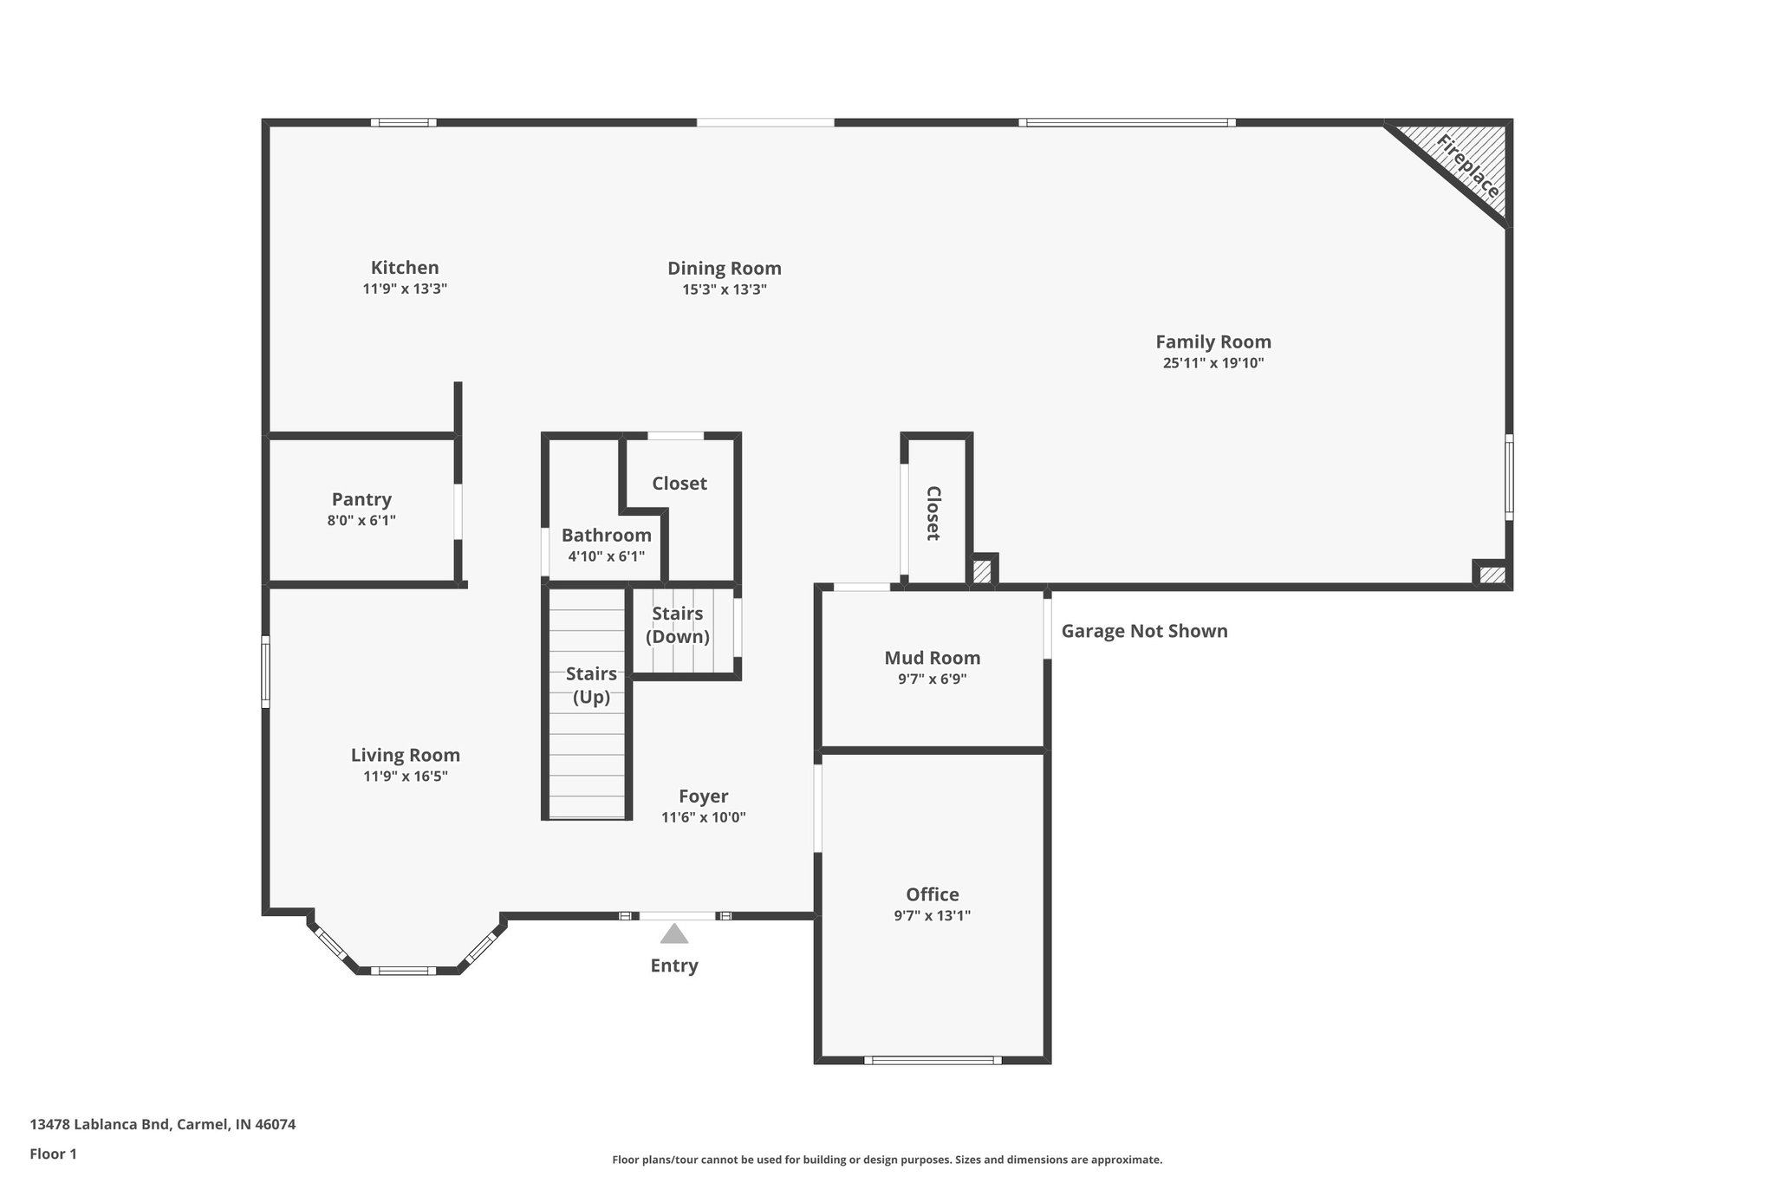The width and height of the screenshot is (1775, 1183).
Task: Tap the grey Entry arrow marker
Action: (x=673, y=934)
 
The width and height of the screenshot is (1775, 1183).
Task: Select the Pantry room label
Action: (x=361, y=499)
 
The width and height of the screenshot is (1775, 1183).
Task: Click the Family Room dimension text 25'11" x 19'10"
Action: (x=1213, y=363)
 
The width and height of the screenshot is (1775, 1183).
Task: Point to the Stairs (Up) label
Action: (x=591, y=685)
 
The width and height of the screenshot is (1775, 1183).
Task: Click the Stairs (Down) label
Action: (x=677, y=625)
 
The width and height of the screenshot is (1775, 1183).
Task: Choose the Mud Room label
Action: (x=932, y=658)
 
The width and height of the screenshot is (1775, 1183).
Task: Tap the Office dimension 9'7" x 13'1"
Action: (x=932, y=915)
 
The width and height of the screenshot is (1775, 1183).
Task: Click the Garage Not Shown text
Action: (x=1144, y=631)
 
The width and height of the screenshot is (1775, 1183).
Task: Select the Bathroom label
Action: (x=606, y=535)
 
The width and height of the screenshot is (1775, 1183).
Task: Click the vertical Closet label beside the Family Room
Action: (x=933, y=513)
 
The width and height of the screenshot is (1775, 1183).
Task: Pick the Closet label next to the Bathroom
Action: (x=679, y=484)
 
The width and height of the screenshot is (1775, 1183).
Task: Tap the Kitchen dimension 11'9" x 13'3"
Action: (x=404, y=289)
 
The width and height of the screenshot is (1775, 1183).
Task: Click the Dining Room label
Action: (x=724, y=269)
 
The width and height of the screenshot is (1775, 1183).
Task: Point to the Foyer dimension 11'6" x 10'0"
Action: (x=703, y=817)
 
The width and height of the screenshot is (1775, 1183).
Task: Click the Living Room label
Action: (x=405, y=755)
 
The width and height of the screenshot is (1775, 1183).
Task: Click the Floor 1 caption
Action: (x=53, y=1154)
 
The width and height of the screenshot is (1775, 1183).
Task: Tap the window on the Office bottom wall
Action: (x=933, y=1060)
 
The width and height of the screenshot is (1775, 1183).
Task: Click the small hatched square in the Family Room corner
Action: (x=1492, y=574)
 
